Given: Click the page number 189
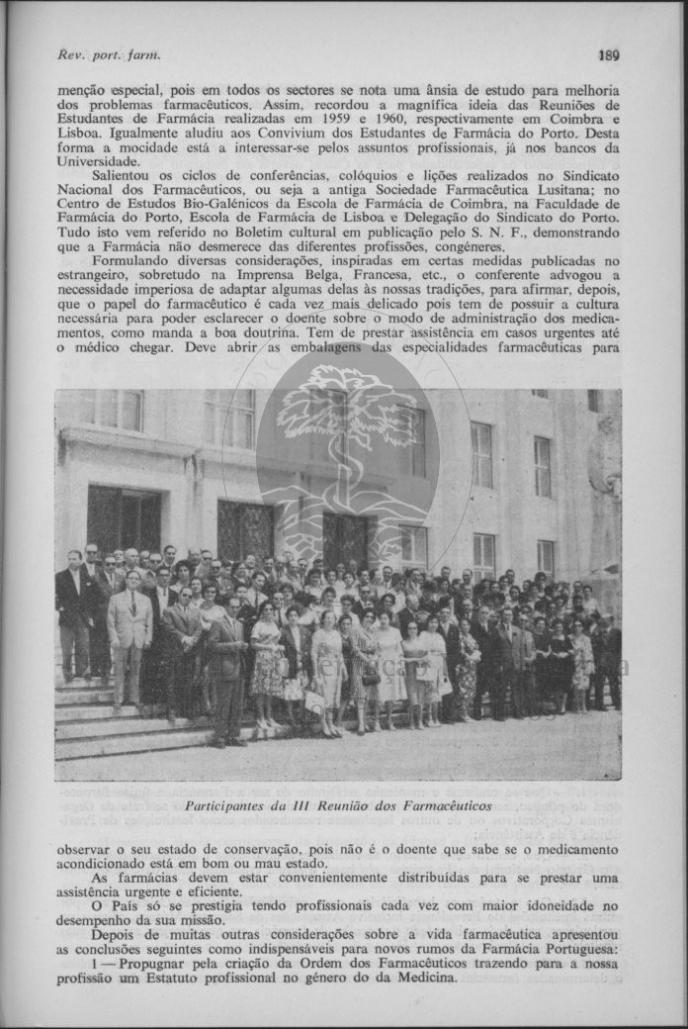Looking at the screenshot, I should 608,55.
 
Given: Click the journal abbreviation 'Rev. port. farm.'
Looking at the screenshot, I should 109,55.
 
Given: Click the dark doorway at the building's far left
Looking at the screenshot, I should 123,518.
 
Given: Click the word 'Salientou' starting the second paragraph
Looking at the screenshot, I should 123,175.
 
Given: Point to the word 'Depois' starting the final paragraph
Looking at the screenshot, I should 113,935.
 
